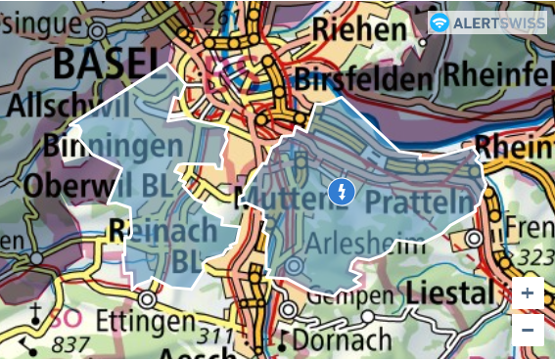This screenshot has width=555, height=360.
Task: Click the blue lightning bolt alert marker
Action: pyautogui.click(x=341, y=192)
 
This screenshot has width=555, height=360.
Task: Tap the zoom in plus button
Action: pyautogui.click(x=528, y=293)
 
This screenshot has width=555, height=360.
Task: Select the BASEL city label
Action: pyautogui.click(x=106, y=64)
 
